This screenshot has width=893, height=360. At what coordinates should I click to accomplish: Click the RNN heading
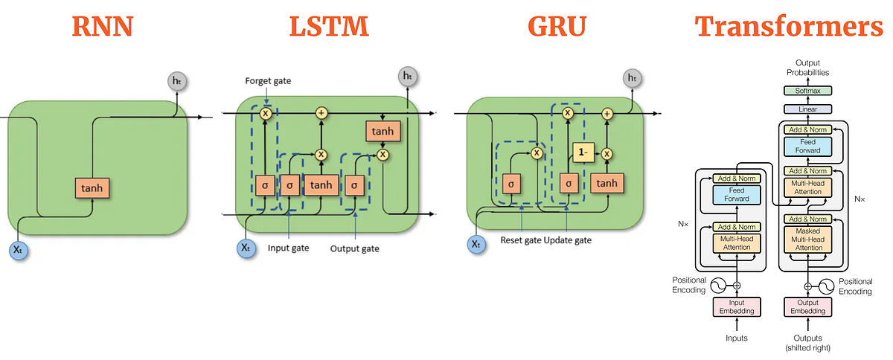tap(104, 26)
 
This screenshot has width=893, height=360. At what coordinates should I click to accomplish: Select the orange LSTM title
tap(329, 26)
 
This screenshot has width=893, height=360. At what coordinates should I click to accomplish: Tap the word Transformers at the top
tap(789, 26)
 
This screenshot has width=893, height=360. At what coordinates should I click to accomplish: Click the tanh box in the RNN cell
tap(92, 188)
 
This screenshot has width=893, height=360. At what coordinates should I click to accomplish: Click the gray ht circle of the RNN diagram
tap(176, 80)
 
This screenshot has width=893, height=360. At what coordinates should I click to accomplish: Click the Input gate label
tap(288, 248)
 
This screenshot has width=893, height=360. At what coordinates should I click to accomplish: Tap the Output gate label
tap(354, 248)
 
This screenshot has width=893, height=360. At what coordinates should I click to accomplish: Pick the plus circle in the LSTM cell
tap(321, 113)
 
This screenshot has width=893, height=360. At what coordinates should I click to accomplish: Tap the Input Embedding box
tap(737, 306)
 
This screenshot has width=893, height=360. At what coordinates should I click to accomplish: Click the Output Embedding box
tap(807, 306)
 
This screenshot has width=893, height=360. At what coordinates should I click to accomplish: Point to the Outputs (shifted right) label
tap(807, 343)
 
